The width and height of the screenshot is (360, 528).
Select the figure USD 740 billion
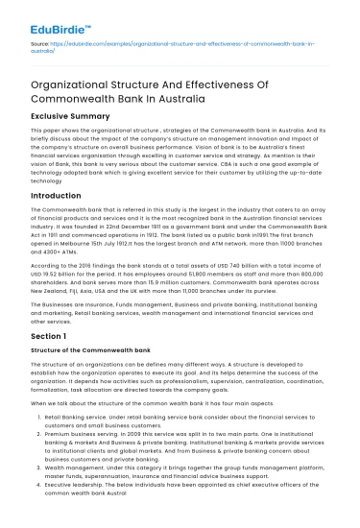pyautogui.click(x=241, y=276)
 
